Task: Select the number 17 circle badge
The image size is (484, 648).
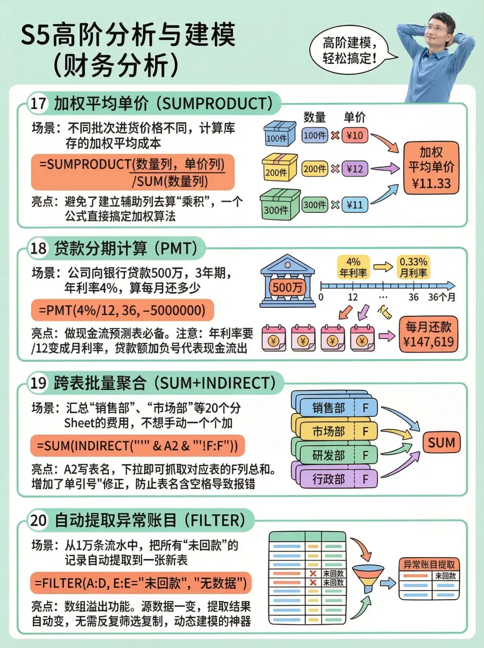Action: point(38,103)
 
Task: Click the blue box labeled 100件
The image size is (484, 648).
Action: point(279,134)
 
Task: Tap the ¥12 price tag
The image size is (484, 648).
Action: point(355,169)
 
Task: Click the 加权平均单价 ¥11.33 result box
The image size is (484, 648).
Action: point(431,168)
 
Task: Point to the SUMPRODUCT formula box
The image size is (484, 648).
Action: point(133,172)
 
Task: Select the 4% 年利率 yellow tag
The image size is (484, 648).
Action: point(353,267)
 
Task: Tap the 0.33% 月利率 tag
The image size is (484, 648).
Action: point(413,267)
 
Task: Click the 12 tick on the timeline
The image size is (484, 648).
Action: point(353,296)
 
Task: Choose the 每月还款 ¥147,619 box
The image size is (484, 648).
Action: point(428,334)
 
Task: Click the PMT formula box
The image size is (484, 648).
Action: point(122,310)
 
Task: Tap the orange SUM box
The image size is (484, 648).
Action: point(441,443)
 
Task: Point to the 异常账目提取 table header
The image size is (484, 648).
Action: point(429,565)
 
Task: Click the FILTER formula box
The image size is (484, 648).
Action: point(141,583)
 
